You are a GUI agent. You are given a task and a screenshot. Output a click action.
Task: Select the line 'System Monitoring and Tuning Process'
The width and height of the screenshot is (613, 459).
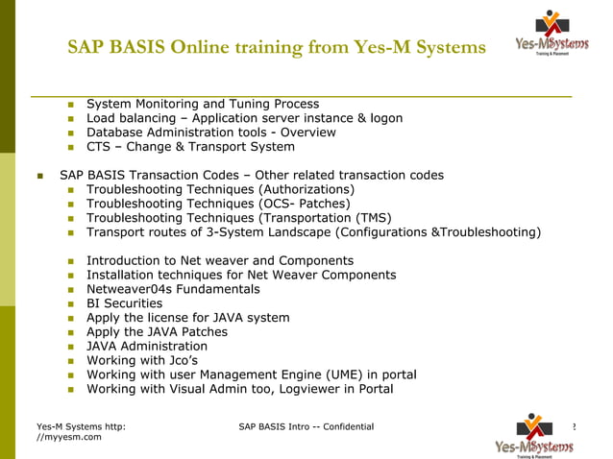pyautogui.click(x=203, y=104)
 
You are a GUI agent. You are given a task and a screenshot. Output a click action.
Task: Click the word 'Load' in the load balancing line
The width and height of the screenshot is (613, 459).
pyautogui.click(x=102, y=118)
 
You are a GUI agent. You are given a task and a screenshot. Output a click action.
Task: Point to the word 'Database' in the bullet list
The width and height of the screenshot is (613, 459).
pyautogui.click(x=117, y=133)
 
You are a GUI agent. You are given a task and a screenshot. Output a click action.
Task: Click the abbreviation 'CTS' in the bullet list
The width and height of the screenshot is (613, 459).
pyautogui.click(x=100, y=147)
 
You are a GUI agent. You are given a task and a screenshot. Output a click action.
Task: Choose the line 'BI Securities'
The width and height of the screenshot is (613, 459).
pyautogui.click(x=124, y=303)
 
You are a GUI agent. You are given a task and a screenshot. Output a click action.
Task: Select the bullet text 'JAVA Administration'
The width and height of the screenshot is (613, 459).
pyautogui.click(x=146, y=346)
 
